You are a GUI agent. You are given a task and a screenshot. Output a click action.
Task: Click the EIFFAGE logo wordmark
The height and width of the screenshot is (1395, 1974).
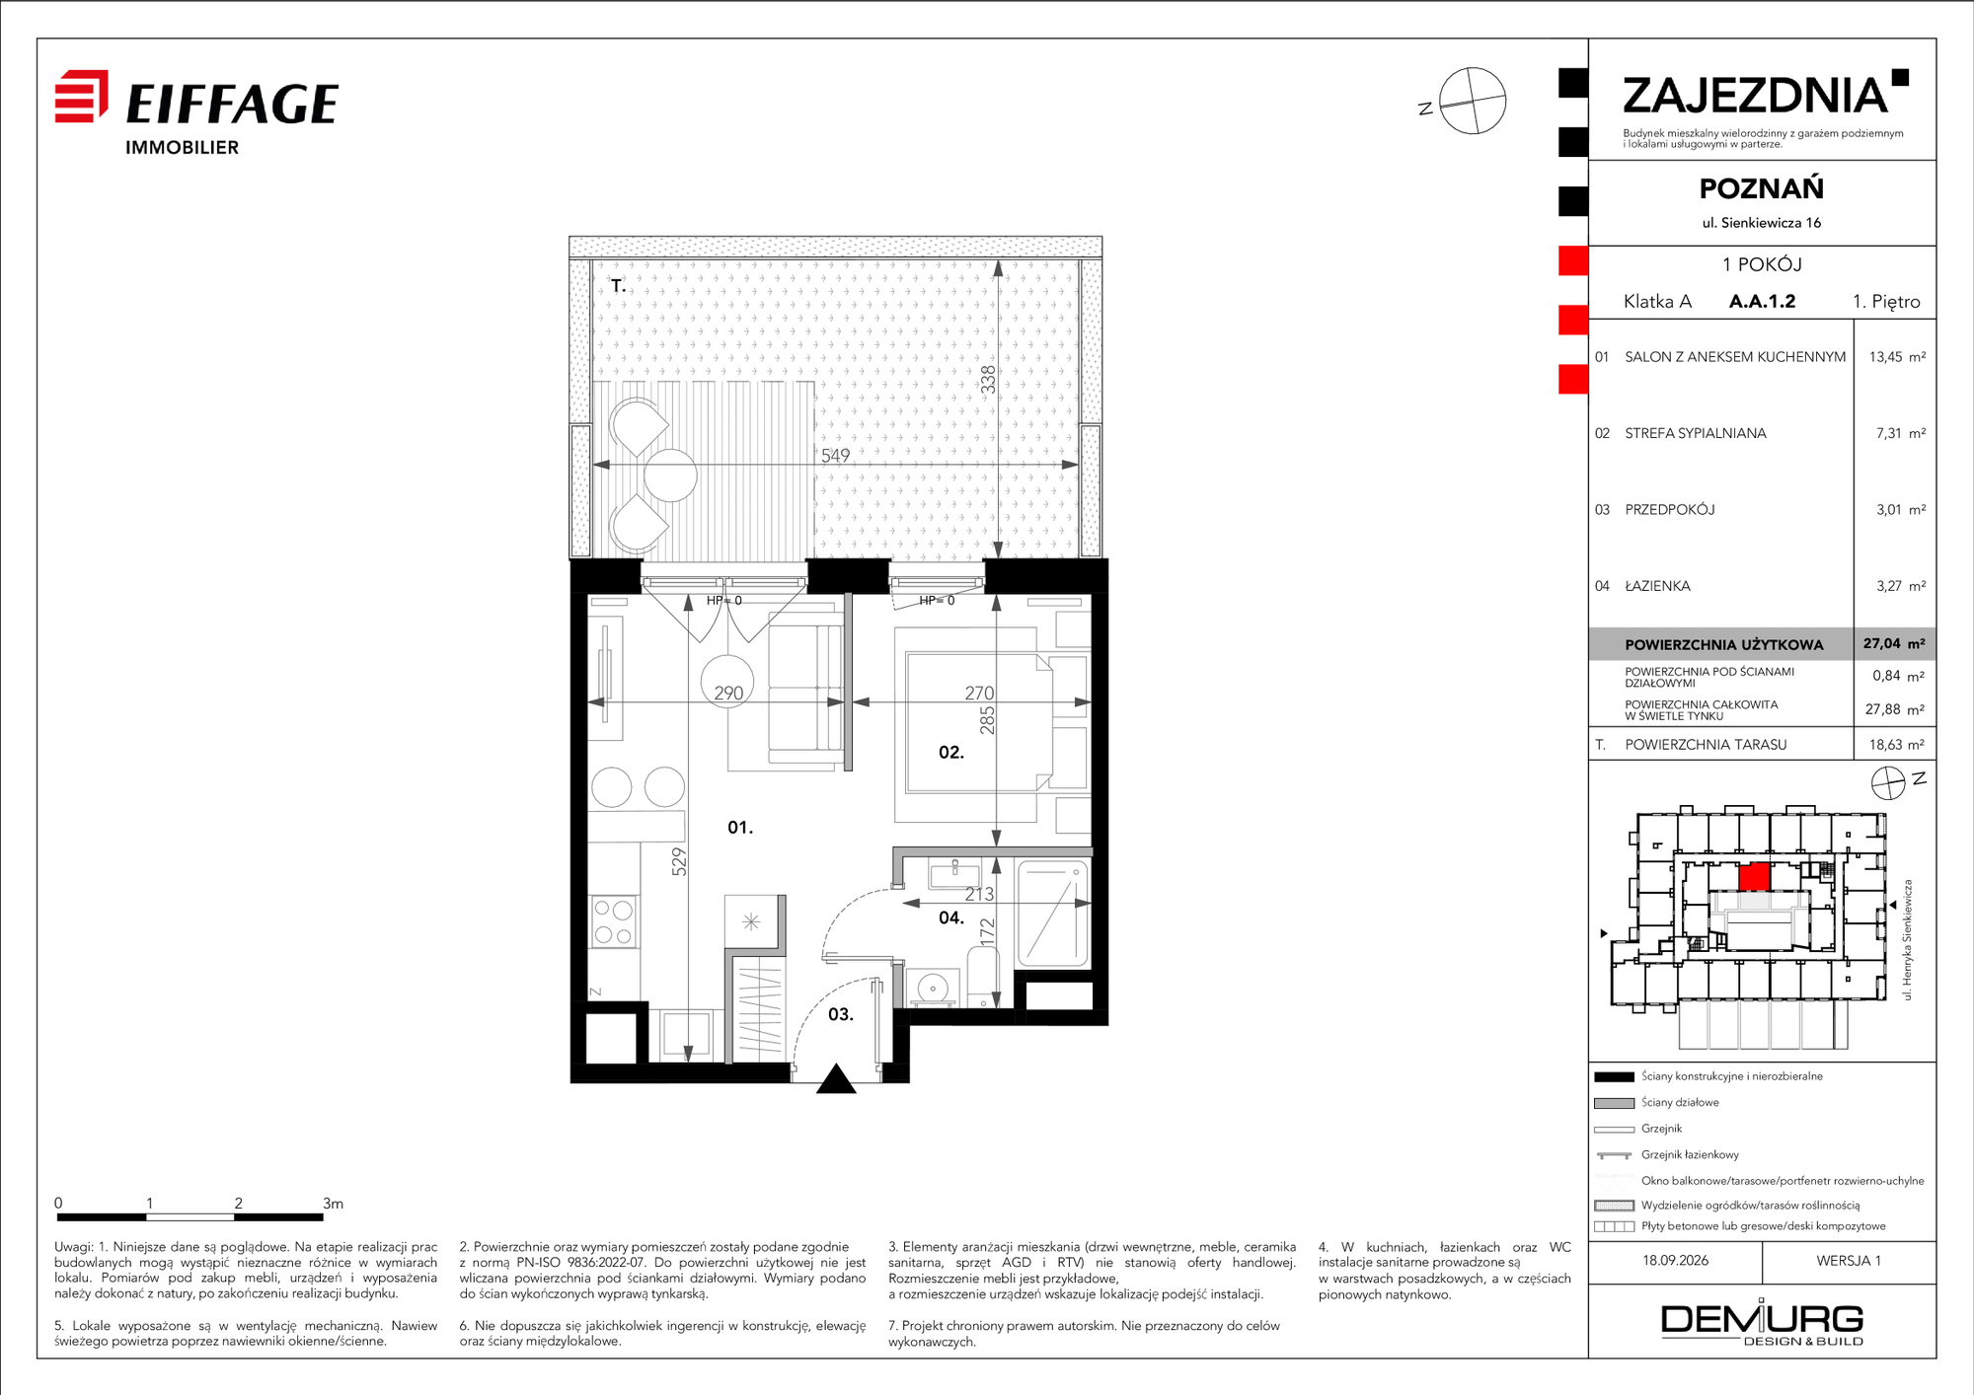tap(232, 104)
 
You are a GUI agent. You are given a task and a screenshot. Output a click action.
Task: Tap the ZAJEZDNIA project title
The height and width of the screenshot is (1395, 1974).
tap(1755, 96)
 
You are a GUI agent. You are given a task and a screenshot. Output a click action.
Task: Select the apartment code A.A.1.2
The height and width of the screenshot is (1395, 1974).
tap(1762, 301)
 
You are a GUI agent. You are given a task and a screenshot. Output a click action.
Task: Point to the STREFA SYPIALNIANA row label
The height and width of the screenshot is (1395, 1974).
tap(1695, 433)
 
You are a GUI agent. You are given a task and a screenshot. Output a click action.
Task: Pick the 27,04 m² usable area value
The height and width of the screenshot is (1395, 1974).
tap(1894, 643)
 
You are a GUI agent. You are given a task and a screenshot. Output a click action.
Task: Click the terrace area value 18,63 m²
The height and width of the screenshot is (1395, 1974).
tap(1896, 745)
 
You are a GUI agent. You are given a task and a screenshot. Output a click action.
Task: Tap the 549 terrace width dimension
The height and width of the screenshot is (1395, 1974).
tap(835, 455)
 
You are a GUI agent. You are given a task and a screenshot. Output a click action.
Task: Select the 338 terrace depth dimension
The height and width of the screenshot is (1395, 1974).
tap(988, 380)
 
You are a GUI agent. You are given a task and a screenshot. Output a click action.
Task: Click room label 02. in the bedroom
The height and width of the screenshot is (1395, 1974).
tap(950, 752)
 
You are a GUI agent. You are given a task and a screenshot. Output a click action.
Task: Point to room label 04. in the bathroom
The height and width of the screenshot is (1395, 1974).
tap(950, 918)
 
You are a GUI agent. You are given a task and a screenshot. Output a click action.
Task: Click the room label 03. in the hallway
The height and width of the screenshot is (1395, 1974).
tap(840, 1014)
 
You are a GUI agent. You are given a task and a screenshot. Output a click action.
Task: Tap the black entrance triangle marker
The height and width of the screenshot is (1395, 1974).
tap(836, 1079)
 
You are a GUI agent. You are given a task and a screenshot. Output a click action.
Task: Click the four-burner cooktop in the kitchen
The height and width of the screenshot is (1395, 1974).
tap(613, 921)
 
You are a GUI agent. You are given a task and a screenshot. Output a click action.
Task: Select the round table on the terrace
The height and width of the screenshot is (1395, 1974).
tap(670, 476)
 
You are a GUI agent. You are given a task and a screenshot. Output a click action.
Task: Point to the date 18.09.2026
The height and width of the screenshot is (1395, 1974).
tap(1675, 1260)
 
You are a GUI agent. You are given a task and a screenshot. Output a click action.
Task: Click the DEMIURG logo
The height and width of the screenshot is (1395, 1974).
tap(1762, 1322)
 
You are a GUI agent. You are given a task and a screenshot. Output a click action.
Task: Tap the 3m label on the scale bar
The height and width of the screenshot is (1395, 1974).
tap(333, 1204)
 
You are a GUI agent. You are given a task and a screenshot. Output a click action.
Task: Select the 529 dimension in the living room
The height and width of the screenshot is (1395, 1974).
tap(679, 862)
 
